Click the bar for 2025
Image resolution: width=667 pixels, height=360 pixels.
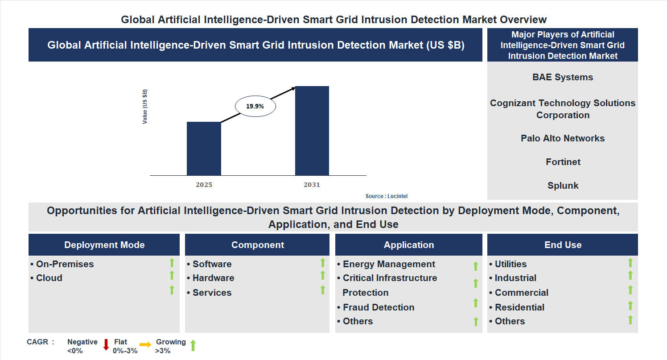point(204,149)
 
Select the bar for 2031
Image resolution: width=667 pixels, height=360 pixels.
point(312,131)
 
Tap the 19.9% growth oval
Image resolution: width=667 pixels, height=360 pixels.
point(255,106)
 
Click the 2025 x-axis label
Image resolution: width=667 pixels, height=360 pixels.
point(204,185)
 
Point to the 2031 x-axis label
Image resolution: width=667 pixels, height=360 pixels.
point(312,185)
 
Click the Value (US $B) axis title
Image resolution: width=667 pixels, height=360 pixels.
point(145,107)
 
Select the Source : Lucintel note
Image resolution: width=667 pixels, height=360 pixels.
point(386,196)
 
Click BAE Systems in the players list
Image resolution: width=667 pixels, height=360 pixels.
point(563,77)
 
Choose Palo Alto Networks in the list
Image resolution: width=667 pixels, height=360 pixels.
point(563,138)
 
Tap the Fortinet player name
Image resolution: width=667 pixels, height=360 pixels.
point(563,162)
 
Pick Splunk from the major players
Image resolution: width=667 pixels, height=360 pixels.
point(563,186)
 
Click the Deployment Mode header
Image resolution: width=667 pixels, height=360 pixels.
point(104,245)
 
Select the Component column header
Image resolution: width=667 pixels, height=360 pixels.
point(258,245)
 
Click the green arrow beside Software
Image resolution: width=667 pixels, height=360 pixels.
point(322,263)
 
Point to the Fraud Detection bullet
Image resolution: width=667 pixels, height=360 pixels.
point(378,307)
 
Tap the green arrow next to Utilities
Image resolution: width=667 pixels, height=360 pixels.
point(630,263)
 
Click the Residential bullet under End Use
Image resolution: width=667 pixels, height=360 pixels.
point(519,307)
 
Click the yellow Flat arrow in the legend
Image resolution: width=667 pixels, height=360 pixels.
point(145,344)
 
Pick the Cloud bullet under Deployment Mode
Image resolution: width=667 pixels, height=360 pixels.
point(49,278)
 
